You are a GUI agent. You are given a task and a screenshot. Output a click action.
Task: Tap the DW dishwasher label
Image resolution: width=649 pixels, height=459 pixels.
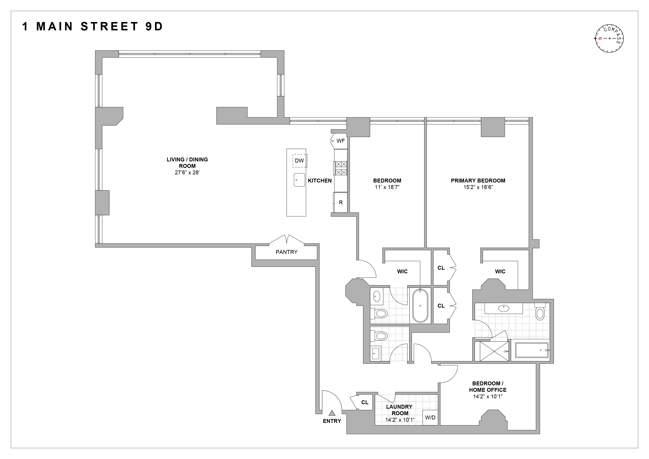coord(299,160)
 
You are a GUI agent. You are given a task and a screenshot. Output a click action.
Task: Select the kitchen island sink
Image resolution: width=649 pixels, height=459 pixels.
coord(299,180)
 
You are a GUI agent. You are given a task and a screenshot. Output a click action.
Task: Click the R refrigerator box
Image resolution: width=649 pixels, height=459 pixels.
coord(341,202)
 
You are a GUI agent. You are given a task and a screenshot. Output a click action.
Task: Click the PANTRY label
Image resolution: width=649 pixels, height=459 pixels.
coord(286,252)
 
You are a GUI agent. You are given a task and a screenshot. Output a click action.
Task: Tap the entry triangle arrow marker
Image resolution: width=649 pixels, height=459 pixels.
coord(332,413)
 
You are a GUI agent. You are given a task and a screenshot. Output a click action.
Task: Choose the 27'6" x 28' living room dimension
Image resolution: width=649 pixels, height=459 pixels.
coord(187,172)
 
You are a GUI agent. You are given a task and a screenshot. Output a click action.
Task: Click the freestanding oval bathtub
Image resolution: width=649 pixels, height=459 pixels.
coord(420,306)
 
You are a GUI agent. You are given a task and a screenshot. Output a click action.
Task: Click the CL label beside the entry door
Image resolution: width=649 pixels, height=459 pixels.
coord(365,402)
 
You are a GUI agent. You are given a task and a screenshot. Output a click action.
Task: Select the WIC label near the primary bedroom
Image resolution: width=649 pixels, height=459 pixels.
coord(500,271)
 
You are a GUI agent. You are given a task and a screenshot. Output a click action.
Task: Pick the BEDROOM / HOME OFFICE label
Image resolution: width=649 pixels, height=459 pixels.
coord(488,387)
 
